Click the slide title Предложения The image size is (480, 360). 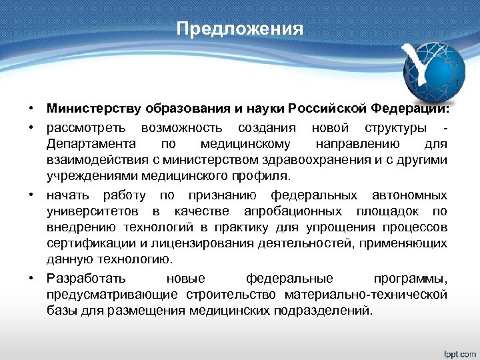(240, 30)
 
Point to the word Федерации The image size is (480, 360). (413, 108)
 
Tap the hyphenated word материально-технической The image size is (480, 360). (366, 294)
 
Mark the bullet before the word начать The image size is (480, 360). (31, 195)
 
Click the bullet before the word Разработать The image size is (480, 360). (31, 277)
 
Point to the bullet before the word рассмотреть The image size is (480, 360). (31, 127)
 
